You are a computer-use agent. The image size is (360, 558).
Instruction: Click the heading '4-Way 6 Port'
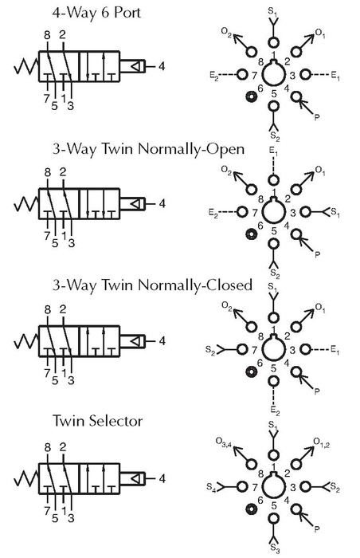tap(96, 13)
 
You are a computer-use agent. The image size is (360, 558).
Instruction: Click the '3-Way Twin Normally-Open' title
tap(148, 149)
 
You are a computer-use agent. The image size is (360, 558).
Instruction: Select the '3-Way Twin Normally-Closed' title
tap(152, 285)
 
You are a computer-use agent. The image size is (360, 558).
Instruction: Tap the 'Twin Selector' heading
tap(97, 421)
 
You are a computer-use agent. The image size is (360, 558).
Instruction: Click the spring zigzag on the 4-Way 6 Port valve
tap(26, 66)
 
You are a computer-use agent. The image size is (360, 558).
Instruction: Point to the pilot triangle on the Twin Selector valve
tap(135, 478)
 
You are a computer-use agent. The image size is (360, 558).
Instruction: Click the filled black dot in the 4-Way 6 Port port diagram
tap(252, 96)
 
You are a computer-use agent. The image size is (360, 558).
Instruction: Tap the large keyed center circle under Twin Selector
tap(273, 486)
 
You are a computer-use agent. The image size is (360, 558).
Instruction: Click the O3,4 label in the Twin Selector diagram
tap(224, 442)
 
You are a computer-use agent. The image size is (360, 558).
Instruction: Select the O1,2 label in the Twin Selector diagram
tap(322, 442)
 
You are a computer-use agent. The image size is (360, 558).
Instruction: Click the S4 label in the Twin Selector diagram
tap(211, 487)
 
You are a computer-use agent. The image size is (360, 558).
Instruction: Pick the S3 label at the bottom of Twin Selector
tap(274, 548)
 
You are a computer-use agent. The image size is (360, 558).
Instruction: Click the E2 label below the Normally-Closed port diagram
tap(275, 411)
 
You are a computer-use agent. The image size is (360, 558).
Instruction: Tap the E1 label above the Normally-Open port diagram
tap(273, 152)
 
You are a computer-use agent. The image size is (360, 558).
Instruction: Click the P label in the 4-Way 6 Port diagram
tap(317, 117)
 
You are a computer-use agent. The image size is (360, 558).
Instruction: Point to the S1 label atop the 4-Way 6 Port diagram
tap(273, 13)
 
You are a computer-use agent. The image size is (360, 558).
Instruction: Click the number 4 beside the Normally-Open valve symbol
tap(162, 204)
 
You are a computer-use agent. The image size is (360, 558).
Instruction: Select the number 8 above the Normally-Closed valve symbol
tap(48, 310)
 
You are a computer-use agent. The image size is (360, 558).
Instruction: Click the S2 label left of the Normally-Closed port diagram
tap(210, 350)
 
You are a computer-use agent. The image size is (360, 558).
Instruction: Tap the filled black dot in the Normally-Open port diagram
tap(252, 234)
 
